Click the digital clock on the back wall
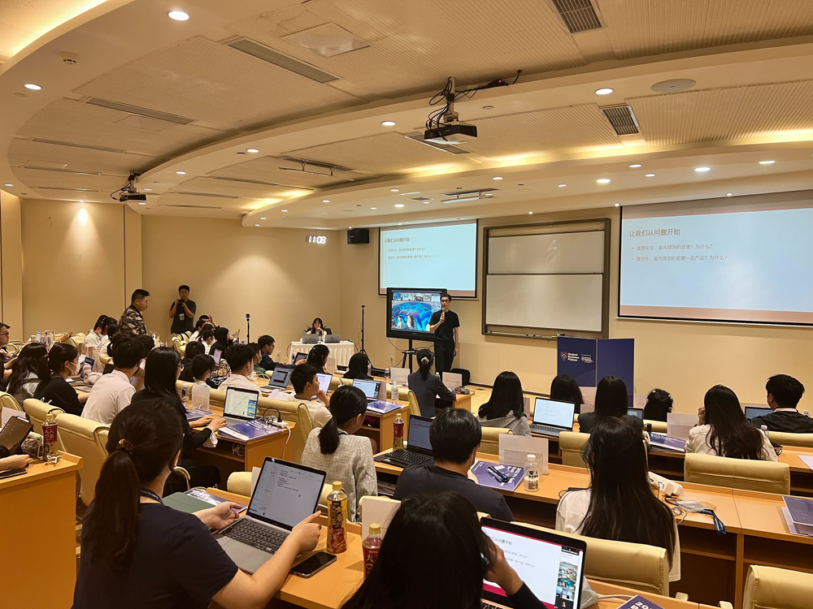tap(316, 240)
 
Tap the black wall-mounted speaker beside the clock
tap(358, 235)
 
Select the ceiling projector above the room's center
tap(450, 131)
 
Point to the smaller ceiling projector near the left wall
tap(132, 196)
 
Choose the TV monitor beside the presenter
tap(414, 313)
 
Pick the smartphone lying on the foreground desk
tap(313, 563)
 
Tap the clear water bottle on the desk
tap(531, 473)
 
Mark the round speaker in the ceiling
tap(672, 85)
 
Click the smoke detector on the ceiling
tap(69, 58)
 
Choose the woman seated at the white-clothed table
tap(316, 328)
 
